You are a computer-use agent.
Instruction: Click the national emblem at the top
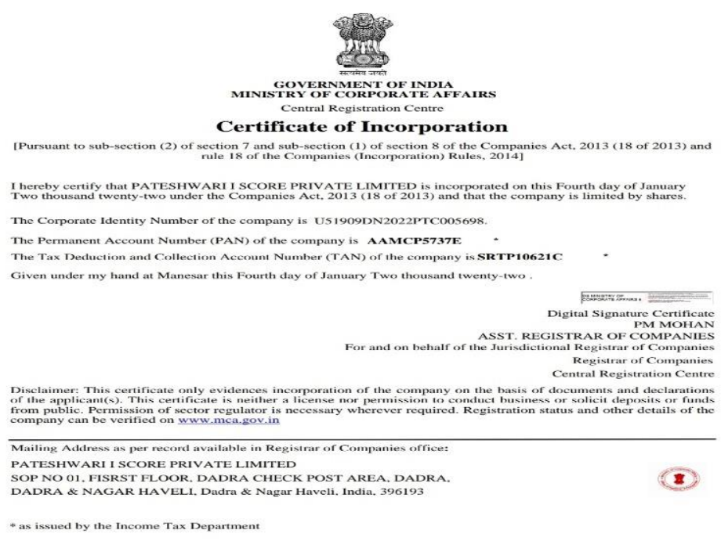[x=362, y=41]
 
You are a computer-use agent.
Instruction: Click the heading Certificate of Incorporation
[x=362, y=126]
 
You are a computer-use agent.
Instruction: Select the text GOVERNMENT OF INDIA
[x=363, y=85]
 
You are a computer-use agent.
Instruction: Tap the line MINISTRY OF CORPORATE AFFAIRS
[x=363, y=95]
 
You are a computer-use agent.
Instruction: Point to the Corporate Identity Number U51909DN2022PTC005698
[x=399, y=222]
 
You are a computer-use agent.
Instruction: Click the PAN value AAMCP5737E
[x=415, y=240]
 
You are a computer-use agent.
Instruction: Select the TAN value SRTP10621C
[x=521, y=257]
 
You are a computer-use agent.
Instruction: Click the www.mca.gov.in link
[x=229, y=420]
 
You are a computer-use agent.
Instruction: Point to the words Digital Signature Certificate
[x=631, y=312]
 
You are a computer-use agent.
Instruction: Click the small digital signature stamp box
[x=647, y=297]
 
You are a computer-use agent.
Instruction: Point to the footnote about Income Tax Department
[x=135, y=525]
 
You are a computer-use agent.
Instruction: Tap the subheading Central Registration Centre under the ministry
[x=362, y=108]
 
